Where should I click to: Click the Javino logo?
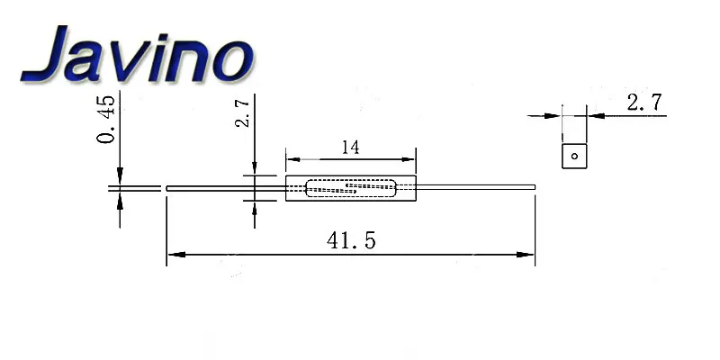[x=137, y=54]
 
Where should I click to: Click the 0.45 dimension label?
[x=106, y=120]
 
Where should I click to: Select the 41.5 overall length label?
[x=351, y=240]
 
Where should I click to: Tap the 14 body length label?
[x=351, y=148]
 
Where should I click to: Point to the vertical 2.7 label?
[x=242, y=111]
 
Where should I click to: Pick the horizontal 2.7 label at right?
[x=644, y=103]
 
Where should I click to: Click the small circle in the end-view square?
[x=574, y=156]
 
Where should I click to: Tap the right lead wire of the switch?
[x=476, y=187]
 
